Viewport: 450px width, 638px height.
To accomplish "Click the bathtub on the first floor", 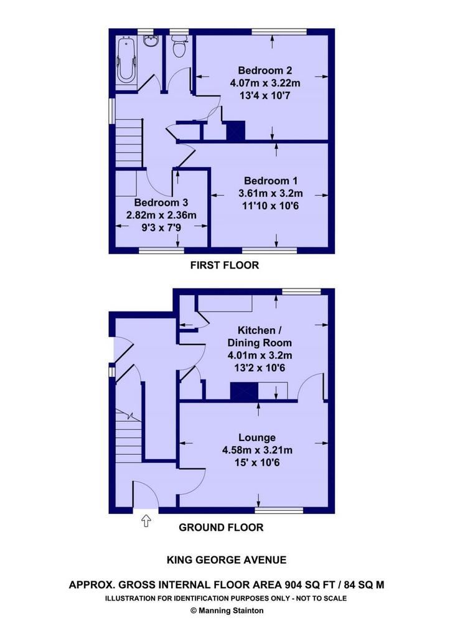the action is (126, 60).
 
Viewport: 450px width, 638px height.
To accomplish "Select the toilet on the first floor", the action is (179, 46).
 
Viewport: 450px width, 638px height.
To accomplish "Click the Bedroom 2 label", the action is (265, 70).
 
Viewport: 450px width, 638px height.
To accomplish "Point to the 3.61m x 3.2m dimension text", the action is (270, 193).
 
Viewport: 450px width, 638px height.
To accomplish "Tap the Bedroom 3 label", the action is (161, 202).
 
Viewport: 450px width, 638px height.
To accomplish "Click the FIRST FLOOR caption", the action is (225, 265).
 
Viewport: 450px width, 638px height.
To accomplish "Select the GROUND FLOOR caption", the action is (221, 527).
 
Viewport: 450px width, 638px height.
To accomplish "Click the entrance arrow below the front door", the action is (146, 521).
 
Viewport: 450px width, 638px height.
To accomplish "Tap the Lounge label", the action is (257, 438).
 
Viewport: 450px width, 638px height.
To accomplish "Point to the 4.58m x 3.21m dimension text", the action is (257, 450).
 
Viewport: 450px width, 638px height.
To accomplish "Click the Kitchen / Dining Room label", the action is (260, 336).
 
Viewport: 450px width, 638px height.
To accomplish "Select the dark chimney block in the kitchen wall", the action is (245, 391).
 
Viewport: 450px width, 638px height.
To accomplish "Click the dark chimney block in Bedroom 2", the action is (236, 131).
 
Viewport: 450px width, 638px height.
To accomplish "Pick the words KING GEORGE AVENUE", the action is (227, 560).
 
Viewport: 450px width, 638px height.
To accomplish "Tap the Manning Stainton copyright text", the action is (227, 611).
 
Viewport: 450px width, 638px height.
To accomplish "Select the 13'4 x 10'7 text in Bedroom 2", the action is (265, 95).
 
